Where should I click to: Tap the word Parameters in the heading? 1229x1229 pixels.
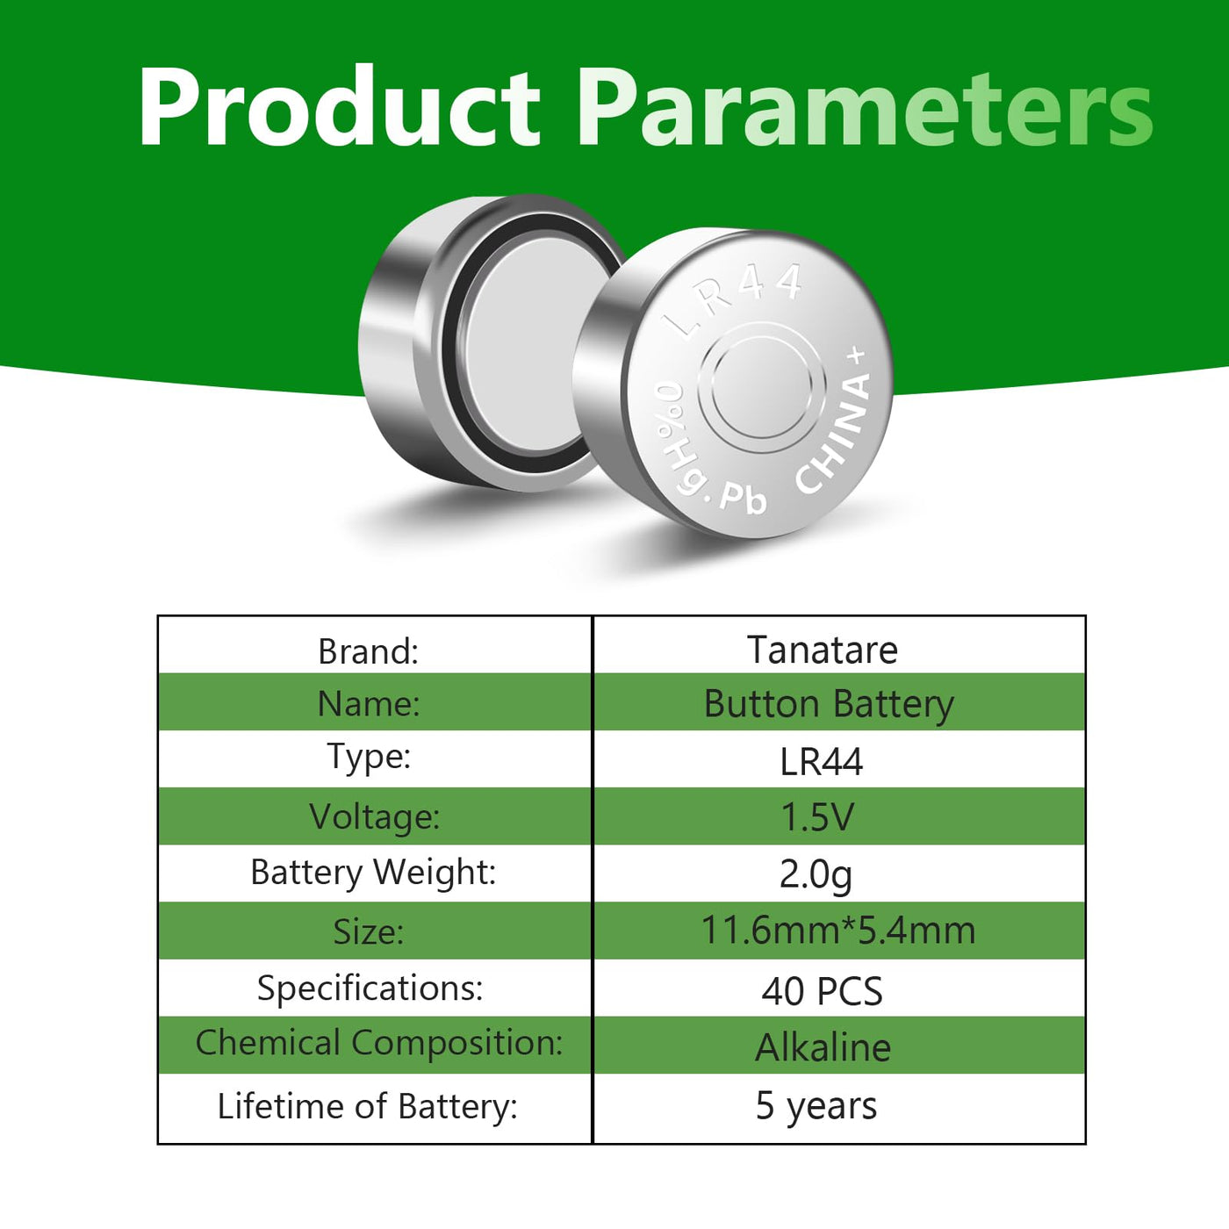click(x=864, y=106)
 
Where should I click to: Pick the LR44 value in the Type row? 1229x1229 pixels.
click(x=822, y=761)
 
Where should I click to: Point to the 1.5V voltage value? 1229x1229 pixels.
click(x=817, y=817)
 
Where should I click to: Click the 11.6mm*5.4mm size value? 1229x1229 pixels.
click(x=838, y=930)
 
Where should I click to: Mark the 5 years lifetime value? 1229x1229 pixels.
click(x=816, y=1106)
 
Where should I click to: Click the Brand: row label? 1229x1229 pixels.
click(x=368, y=651)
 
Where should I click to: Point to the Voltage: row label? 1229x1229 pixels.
click(x=374, y=817)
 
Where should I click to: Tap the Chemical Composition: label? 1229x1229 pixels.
click(x=379, y=1043)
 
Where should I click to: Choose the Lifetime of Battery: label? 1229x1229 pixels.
click(x=367, y=1106)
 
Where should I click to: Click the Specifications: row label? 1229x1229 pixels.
click(x=370, y=988)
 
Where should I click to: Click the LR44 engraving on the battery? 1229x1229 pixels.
click(x=733, y=299)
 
